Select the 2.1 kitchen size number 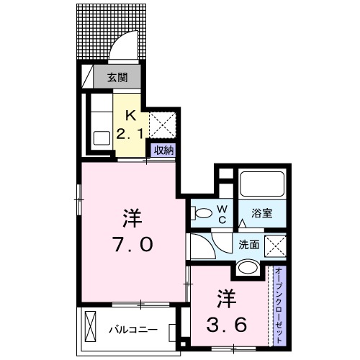point(130,132)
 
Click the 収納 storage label point(163,150)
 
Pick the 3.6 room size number point(228,323)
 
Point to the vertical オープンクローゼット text point(279,305)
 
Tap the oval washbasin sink point(247,269)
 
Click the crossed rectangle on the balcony point(91,326)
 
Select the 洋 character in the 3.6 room point(228,294)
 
